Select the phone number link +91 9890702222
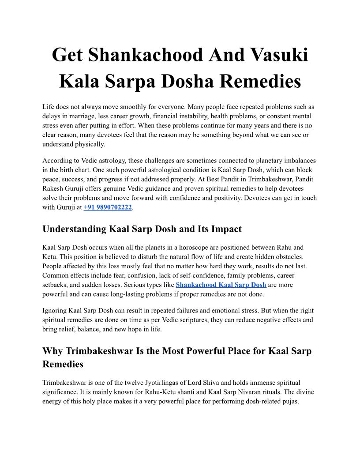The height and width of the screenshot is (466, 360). (x=108, y=207)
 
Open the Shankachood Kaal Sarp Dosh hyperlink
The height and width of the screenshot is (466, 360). (x=221, y=285)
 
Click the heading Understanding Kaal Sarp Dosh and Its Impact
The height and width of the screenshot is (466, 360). (x=142, y=229)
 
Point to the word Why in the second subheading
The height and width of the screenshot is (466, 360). (x=52, y=351)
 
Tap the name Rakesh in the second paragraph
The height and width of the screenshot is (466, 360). (x=53, y=188)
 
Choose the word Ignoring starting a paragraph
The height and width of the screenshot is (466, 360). (x=56, y=311)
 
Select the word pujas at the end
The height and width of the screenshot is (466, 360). (x=289, y=401)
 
